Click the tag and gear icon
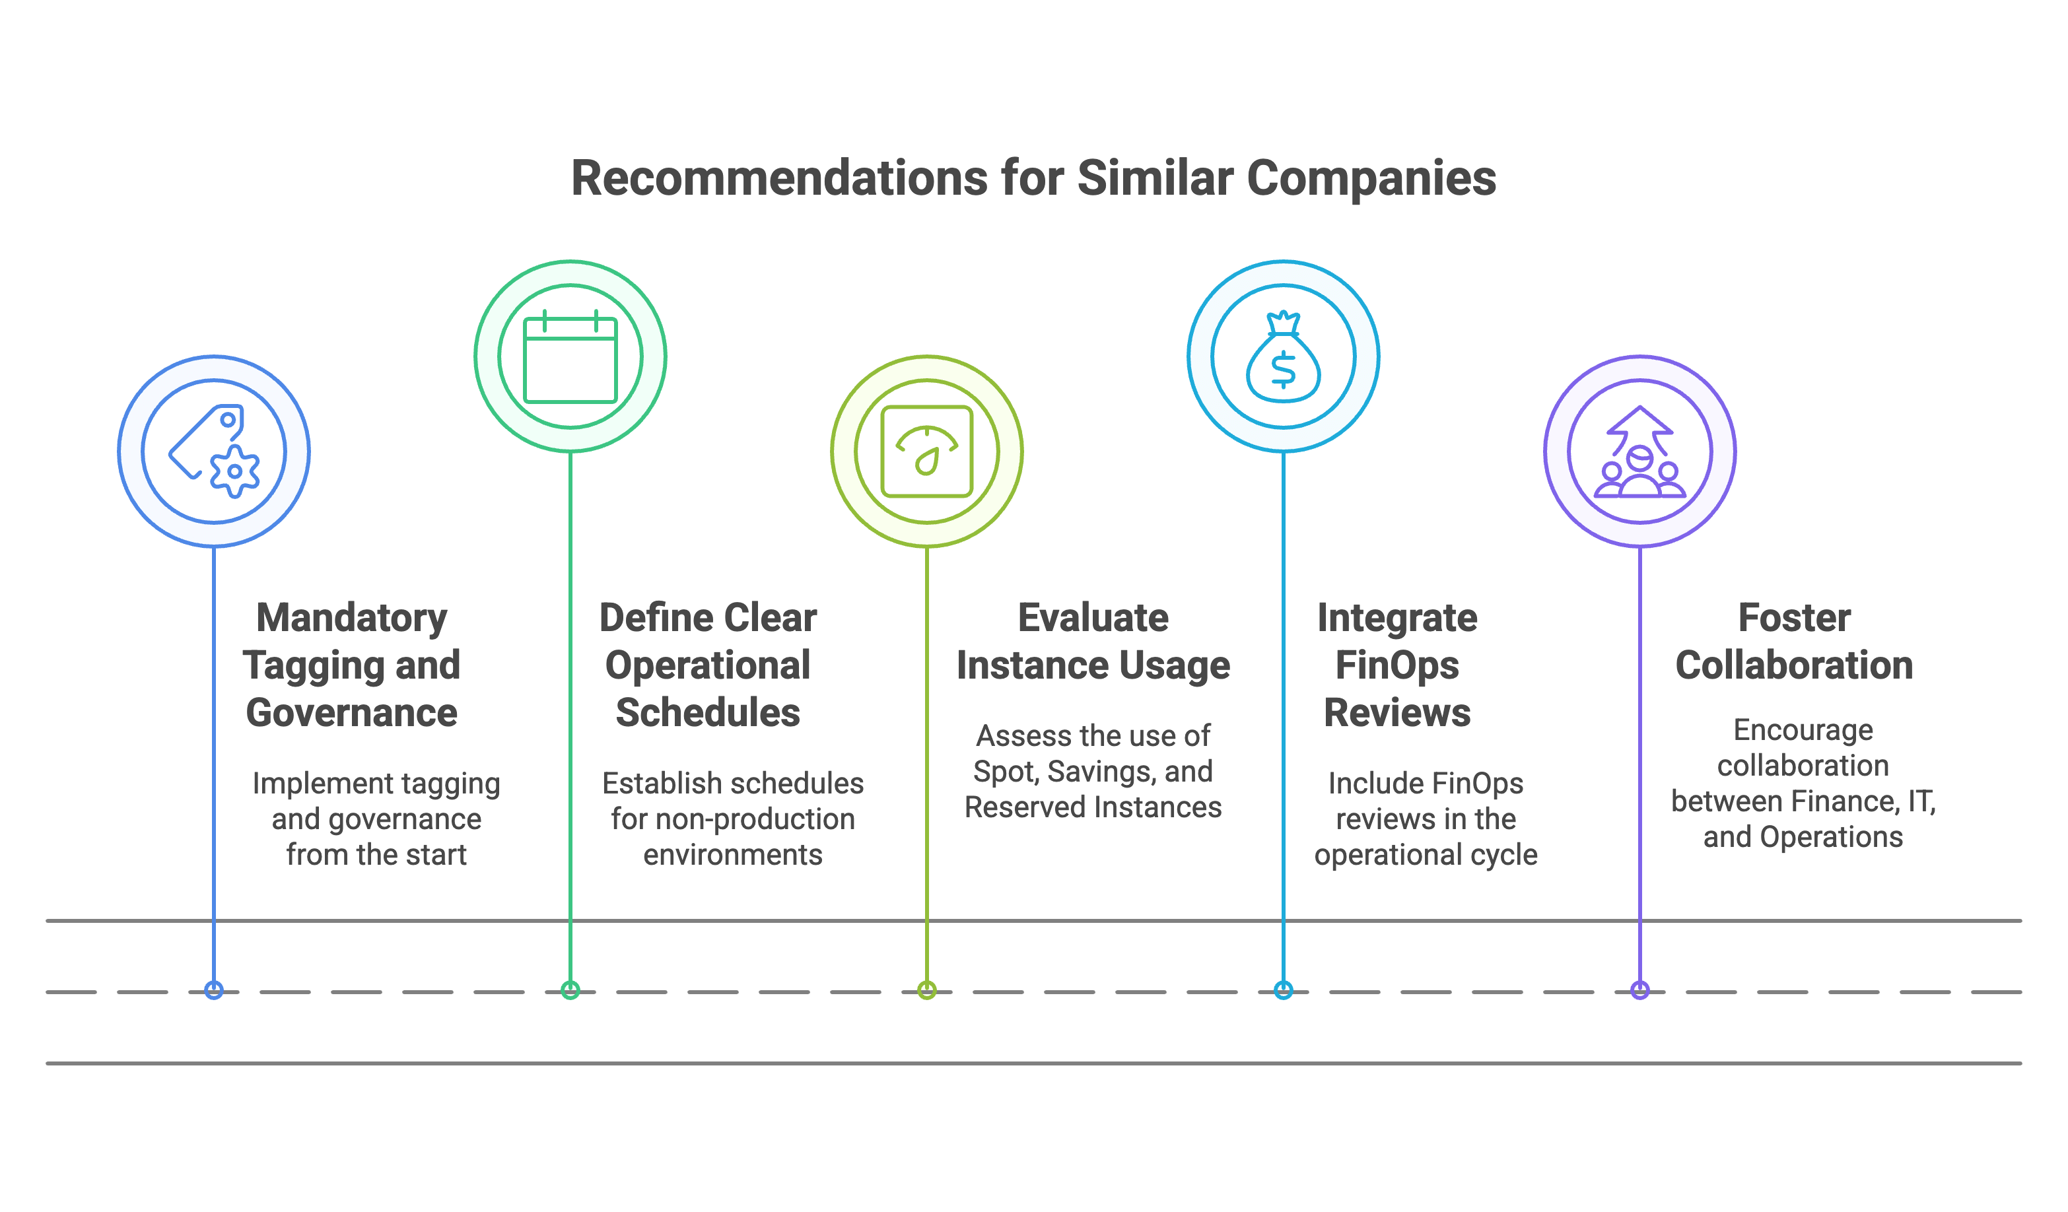coord(214,452)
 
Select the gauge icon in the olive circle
coord(926,452)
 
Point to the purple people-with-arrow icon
coord(1639,452)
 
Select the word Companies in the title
coord(1371,178)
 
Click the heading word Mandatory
coord(351,618)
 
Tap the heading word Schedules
coord(707,712)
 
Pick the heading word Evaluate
coord(1093,618)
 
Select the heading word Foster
coord(1794,618)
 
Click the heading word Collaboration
coord(1794,665)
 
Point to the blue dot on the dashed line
coord(214,990)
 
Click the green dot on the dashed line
coord(570,990)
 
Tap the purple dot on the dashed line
coord(1639,990)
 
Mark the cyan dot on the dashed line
coord(1284,990)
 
